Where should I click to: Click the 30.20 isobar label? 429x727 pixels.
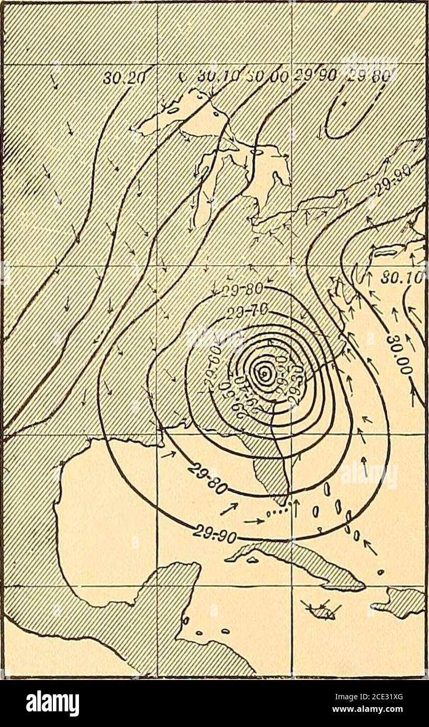pyautogui.click(x=119, y=77)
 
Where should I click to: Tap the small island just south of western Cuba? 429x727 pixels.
pyautogui.click(x=252, y=560)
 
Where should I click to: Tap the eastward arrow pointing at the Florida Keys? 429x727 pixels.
pyautogui.click(x=254, y=520)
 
